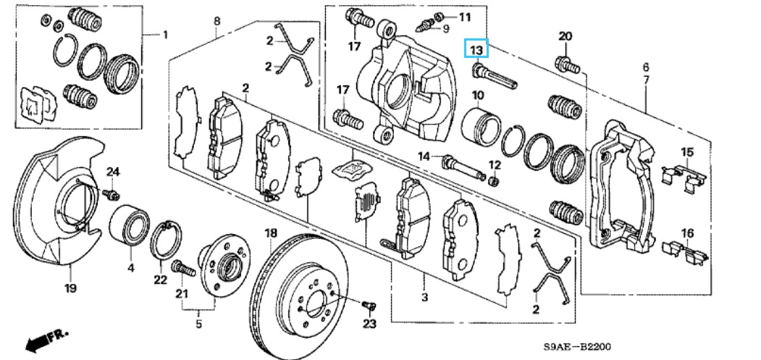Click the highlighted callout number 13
pyautogui.click(x=476, y=49)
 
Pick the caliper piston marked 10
pyautogui.click(x=480, y=125)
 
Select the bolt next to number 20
pyautogui.click(x=567, y=64)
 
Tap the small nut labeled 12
pyautogui.click(x=495, y=180)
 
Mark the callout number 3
pyautogui.click(x=424, y=298)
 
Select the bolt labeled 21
pyautogui.click(x=182, y=269)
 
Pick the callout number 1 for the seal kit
pyautogui.click(x=164, y=34)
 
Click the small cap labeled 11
pyautogui.click(x=442, y=15)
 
